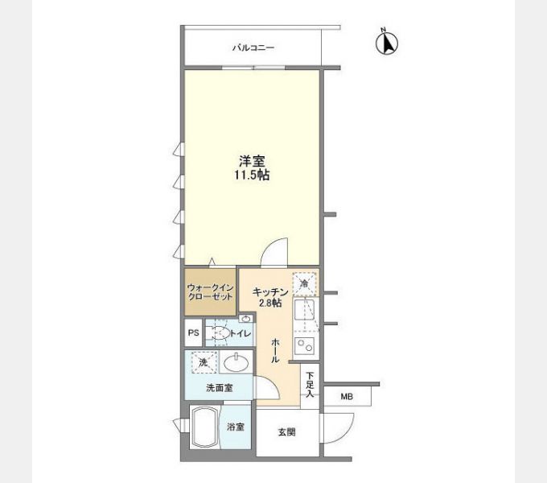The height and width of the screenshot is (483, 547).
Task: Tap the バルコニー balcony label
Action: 253,48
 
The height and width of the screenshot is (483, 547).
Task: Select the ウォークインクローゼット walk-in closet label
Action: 210,291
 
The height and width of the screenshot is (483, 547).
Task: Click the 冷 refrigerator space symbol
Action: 305,283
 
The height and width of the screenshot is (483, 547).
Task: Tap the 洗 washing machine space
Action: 203,363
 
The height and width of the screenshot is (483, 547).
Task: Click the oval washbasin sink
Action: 236,363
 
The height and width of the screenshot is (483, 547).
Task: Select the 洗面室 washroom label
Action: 218,387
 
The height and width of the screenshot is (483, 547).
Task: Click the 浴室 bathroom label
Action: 235,427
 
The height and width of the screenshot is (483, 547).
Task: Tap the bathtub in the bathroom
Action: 206,431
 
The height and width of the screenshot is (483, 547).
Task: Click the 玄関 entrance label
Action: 287,432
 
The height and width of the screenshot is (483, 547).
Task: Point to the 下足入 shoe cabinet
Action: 310,384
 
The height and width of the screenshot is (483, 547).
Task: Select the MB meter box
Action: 347,396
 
